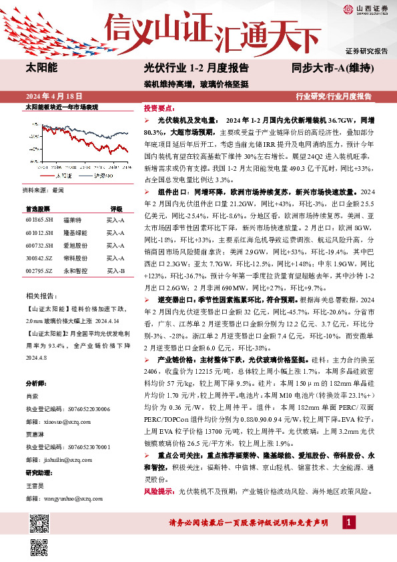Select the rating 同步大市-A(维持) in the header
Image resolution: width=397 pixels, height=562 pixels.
[x=332, y=68]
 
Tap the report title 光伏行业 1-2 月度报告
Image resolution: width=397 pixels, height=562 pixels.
[x=196, y=68]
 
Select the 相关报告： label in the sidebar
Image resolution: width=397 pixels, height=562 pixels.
[x=39, y=295]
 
